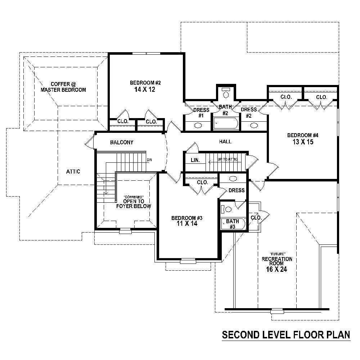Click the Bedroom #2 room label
tap(145, 83)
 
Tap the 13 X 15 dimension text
tap(303, 142)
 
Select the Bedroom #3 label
tap(187, 218)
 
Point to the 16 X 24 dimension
tap(277, 269)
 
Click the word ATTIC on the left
tap(73, 172)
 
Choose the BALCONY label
tap(122, 143)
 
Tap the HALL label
tap(225, 141)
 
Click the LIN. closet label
tap(195, 160)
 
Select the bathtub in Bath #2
tap(225, 124)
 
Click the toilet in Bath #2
tap(226, 94)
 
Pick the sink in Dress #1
tap(198, 126)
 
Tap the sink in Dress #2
tap(254, 126)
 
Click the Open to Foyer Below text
tap(134, 204)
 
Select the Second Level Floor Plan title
tap(286, 335)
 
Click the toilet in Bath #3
tap(225, 209)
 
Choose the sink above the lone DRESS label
tap(233, 179)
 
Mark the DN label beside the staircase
tap(149, 159)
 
